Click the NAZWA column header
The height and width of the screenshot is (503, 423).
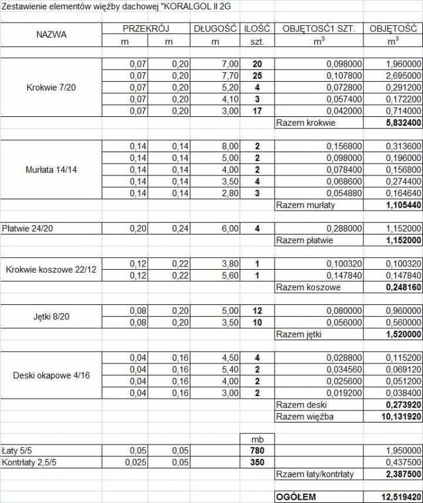click(x=51, y=35)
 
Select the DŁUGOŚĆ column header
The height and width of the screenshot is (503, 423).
click(x=215, y=29)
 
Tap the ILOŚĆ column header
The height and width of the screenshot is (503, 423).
click(x=257, y=29)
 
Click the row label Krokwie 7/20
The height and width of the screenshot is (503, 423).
click(x=51, y=87)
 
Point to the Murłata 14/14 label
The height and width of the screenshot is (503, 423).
click(x=51, y=170)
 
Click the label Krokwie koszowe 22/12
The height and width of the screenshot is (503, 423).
click(x=51, y=270)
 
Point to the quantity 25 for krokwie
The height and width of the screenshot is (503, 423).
click(x=257, y=75)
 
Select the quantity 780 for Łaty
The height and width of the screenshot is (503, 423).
click(x=257, y=451)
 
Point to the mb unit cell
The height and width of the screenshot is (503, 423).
click(x=257, y=439)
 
